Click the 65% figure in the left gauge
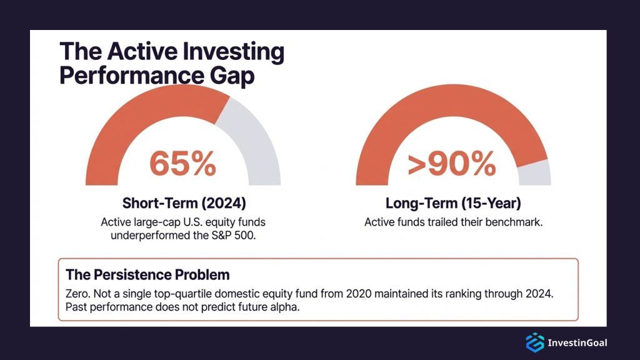[x=182, y=164]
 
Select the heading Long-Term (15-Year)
[x=453, y=203]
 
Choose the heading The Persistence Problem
[x=147, y=274]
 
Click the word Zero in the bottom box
[x=77, y=294]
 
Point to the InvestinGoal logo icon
[x=534, y=342]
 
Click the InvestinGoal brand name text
[x=577, y=342]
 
